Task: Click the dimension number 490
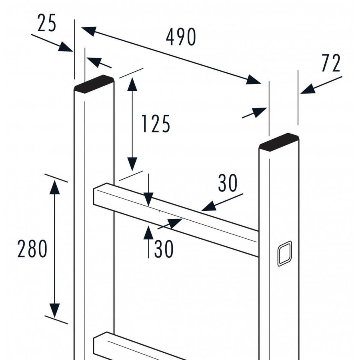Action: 181,38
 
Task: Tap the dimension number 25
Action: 47,24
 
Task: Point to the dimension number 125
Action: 156,124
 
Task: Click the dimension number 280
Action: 32,249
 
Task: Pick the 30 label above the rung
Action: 228,183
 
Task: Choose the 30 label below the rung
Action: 164,249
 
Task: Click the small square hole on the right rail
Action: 284,253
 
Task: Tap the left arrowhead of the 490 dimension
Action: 89,31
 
